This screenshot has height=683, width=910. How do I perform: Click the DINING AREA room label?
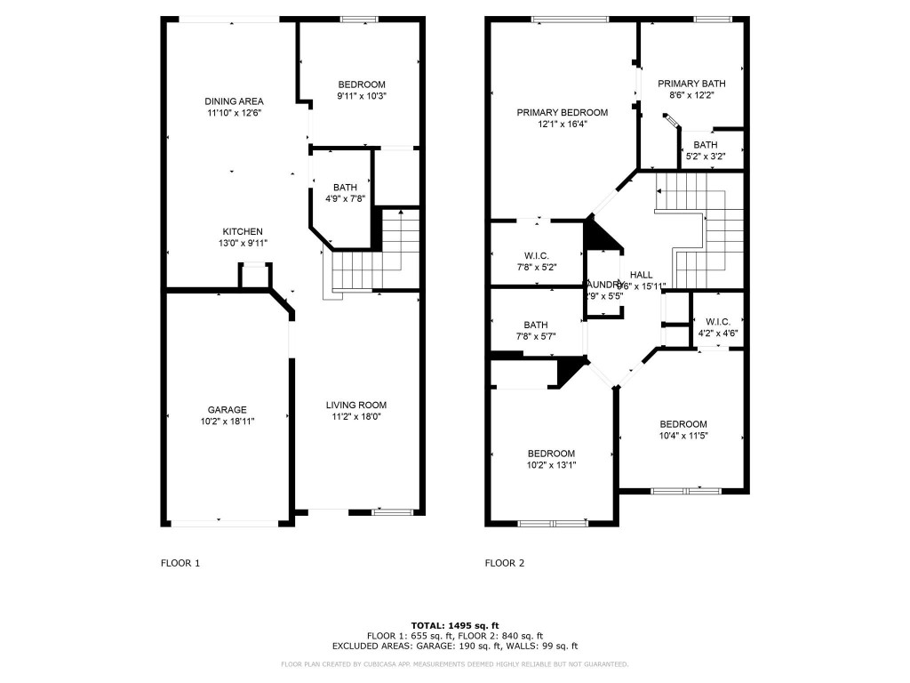pyautogui.click(x=234, y=101)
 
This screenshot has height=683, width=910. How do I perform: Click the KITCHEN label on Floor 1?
pyautogui.click(x=242, y=231)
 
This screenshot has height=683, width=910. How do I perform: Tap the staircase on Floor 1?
pyautogui.click(x=373, y=259)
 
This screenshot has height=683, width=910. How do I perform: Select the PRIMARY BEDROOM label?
pyautogui.click(x=562, y=113)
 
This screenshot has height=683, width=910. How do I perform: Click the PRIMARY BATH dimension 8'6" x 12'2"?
pyautogui.click(x=685, y=94)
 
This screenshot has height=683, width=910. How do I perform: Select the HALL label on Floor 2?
pyautogui.click(x=641, y=275)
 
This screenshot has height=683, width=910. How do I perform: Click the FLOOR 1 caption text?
pyautogui.click(x=180, y=562)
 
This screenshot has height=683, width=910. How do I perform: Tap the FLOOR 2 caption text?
pyautogui.click(x=504, y=562)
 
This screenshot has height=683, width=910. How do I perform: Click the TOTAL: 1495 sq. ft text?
pyautogui.click(x=454, y=624)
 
